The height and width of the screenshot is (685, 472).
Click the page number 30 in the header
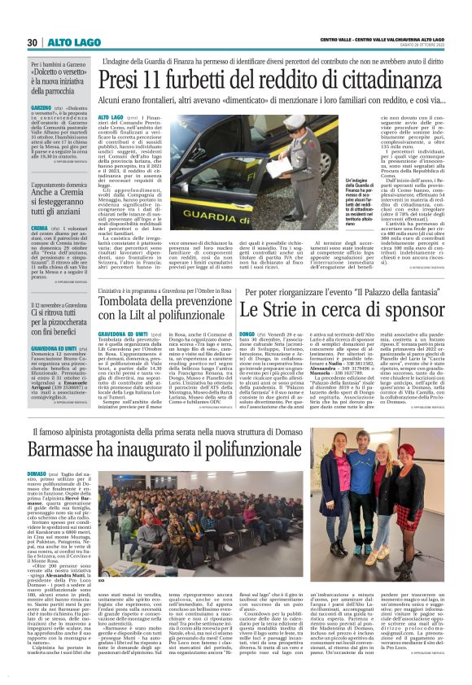point(33,42)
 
